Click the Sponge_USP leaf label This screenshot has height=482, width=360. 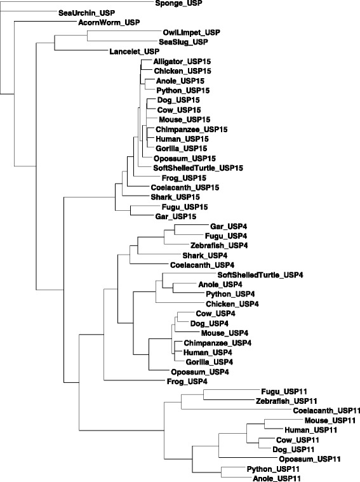[179, 3]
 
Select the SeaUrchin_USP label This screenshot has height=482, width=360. [87, 13]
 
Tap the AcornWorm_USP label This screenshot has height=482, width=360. [109, 23]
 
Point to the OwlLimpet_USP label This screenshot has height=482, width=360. [192, 32]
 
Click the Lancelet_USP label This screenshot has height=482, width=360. [135, 51]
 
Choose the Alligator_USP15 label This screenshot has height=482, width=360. [182, 62]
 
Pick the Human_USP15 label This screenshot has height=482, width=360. [182, 139]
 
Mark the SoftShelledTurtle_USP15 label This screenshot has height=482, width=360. [198, 168]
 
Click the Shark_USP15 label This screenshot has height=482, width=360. [175, 197]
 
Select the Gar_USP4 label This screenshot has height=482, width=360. [229, 227]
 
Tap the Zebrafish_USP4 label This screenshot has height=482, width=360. [219, 246]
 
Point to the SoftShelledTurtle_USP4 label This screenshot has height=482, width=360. [260, 275]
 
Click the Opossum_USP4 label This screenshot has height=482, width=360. [200, 372]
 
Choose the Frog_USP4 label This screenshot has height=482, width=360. [187, 382]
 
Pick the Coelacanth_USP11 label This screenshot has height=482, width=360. [326, 411]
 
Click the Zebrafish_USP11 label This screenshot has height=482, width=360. [286, 401]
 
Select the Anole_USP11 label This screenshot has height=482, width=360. [277, 478]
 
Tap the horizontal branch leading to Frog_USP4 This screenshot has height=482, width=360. [135, 380]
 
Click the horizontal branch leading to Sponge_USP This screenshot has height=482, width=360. [77, 1]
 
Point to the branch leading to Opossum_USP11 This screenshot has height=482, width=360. [248, 457]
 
